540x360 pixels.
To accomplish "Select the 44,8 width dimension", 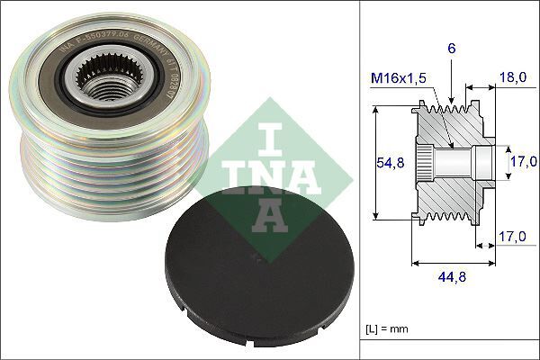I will tap(452, 277).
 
